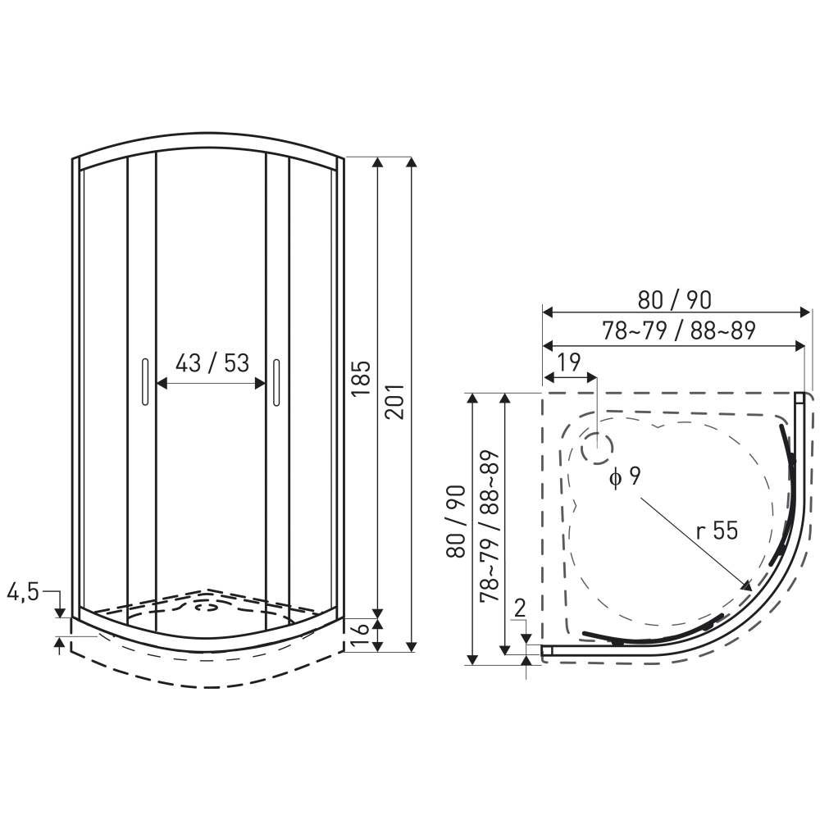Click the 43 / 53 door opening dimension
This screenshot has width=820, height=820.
tap(212, 363)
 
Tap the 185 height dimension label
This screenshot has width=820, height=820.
tap(361, 378)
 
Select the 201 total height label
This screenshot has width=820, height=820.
tap(395, 401)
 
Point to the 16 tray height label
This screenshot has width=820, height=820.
tap(360, 635)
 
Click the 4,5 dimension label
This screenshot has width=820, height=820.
tap(23, 592)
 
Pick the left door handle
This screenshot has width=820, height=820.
tap(145, 381)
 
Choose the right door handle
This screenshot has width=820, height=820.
tap(276, 382)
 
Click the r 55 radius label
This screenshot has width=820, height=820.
tap(717, 531)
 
